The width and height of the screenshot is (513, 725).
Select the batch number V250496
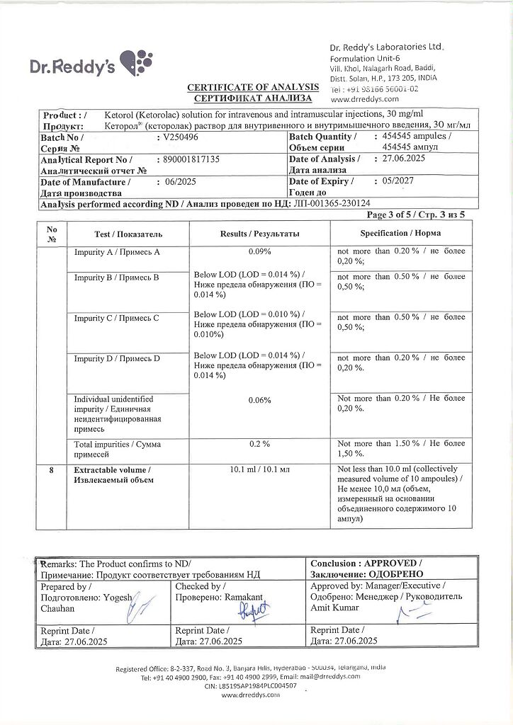coord(181,137)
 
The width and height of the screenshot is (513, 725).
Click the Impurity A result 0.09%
coord(260,252)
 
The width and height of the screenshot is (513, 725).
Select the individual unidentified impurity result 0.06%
coord(260,400)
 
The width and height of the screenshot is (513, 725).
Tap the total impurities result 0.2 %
coord(260,444)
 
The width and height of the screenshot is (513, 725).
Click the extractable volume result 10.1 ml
coord(260,469)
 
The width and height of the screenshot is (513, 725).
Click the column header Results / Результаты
coord(260,234)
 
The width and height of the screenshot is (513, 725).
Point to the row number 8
coord(51,469)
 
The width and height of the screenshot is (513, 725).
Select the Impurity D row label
coord(117,359)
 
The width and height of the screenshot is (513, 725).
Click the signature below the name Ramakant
coord(253,611)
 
